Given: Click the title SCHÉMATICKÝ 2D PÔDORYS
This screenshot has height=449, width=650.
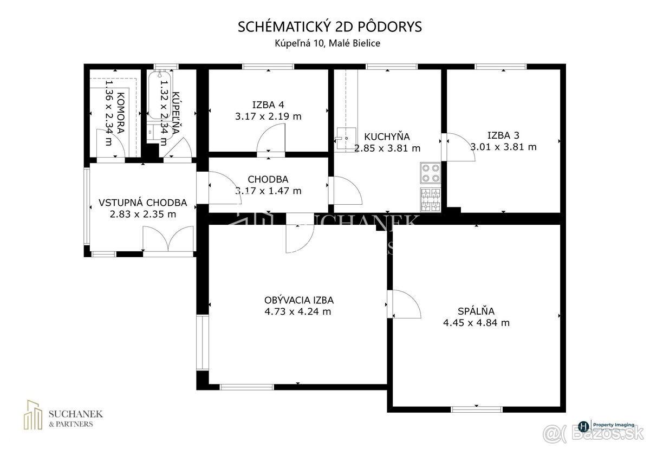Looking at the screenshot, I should point(329,28).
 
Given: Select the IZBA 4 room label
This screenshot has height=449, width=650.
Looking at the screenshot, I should point(268,105).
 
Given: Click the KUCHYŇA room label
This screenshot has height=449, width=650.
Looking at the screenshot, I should point(387,136).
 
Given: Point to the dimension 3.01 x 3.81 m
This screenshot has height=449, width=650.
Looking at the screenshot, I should point(503,147).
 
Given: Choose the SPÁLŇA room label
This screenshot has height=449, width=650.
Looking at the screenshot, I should point(476,311).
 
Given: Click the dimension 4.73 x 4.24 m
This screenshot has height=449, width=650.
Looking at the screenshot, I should point(298,311).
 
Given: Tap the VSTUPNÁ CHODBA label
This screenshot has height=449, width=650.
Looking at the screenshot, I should point(142,203).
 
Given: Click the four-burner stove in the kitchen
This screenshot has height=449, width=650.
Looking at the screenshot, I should point(431,173).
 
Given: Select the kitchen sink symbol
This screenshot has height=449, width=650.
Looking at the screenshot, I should point(343,138).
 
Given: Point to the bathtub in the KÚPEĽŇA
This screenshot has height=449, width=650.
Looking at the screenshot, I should point(160,94).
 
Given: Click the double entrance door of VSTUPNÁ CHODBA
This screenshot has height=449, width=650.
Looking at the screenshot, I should point(168,239).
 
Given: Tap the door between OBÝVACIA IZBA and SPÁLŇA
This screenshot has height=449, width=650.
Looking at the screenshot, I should point(404,304).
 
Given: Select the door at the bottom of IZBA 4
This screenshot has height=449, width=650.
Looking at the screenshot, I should point(271,142).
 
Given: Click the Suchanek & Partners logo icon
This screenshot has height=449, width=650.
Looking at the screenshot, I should point(34,415).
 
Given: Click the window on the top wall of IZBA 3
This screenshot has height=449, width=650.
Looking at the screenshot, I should point(500,67).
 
